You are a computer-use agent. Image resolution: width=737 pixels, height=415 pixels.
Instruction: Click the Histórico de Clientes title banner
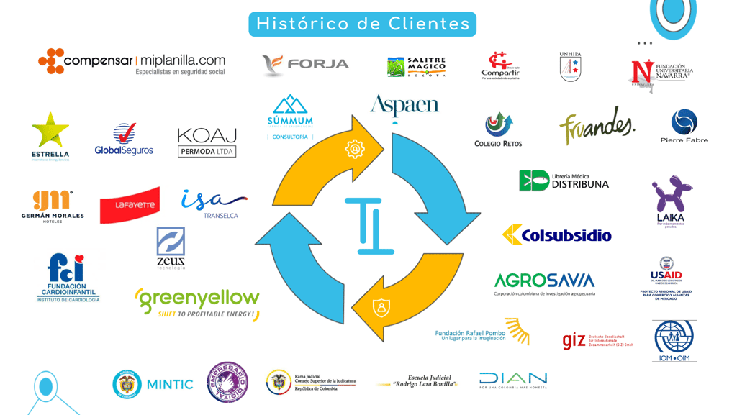[362, 24]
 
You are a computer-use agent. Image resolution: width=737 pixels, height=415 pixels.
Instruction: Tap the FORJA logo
[306, 65]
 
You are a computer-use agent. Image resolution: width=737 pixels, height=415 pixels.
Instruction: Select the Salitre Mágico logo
[417, 67]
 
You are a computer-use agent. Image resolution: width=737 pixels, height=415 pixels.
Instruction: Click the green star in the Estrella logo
[50, 130]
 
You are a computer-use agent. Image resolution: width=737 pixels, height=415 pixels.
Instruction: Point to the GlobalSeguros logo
[124, 140]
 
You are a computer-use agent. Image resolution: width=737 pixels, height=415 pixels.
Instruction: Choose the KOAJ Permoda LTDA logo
[207, 142]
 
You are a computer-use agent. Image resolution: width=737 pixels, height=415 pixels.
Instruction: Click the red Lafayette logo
[130, 205]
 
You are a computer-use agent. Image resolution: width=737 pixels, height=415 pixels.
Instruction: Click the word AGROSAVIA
[544, 281]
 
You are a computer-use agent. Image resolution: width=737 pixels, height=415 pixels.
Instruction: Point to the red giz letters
[574, 340]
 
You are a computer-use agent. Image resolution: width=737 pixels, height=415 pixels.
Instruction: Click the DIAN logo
[513, 379]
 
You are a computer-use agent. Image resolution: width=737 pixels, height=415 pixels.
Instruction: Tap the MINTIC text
[169, 385]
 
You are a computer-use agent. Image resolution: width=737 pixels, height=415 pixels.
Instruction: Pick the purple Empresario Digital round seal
[227, 382]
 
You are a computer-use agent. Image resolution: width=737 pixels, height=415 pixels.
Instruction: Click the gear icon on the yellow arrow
[355, 149]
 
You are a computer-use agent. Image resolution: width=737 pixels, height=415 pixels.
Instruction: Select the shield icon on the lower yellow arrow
[381, 307]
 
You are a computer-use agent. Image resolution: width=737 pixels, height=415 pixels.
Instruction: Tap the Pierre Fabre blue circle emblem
[684, 122]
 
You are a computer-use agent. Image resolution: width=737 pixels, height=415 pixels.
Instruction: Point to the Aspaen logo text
[404, 106]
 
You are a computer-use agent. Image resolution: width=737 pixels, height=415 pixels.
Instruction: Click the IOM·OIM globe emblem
[674, 337]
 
